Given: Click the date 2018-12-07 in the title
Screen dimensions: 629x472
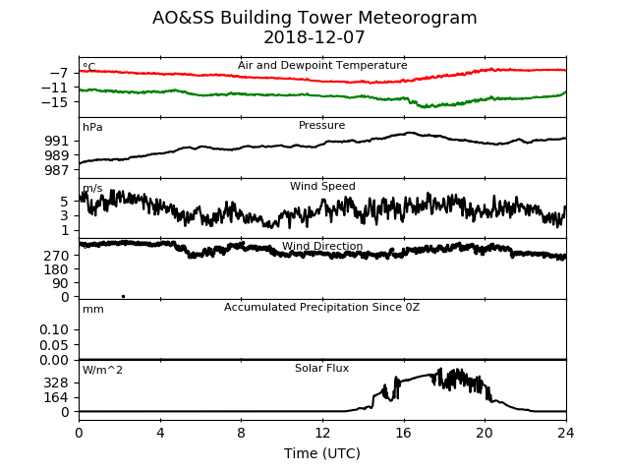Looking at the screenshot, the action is pyautogui.click(x=314, y=37).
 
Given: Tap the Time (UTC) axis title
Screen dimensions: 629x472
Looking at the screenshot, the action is pyautogui.click(x=322, y=453).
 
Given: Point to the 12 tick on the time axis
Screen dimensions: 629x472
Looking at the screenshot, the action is pyautogui.click(x=322, y=434).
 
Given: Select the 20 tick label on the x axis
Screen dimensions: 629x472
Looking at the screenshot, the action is pyautogui.click(x=485, y=434).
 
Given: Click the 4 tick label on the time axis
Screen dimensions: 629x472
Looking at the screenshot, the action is pyautogui.click(x=160, y=434).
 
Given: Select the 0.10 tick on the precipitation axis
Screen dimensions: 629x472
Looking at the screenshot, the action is pyautogui.click(x=54, y=330).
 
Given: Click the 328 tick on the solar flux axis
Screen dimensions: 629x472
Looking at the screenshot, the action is pyautogui.click(x=56, y=383).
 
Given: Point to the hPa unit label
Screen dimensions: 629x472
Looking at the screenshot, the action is pyautogui.click(x=92, y=128).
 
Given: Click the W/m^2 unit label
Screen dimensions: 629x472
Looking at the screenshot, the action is pyautogui.click(x=102, y=370).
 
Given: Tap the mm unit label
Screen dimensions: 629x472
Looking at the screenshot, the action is pyautogui.click(x=93, y=310).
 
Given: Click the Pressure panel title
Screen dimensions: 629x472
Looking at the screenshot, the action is pyautogui.click(x=321, y=125).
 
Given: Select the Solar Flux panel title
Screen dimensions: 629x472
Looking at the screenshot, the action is pyautogui.click(x=321, y=368).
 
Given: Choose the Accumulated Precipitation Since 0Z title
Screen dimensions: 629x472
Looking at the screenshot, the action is pyautogui.click(x=321, y=307).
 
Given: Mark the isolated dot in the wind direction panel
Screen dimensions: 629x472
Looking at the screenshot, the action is pyautogui.click(x=123, y=297).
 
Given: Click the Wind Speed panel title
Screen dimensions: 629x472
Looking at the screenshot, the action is pyautogui.click(x=322, y=186).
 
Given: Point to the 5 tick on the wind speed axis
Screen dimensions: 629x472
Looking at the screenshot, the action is pyautogui.click(x=65, y=202).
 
